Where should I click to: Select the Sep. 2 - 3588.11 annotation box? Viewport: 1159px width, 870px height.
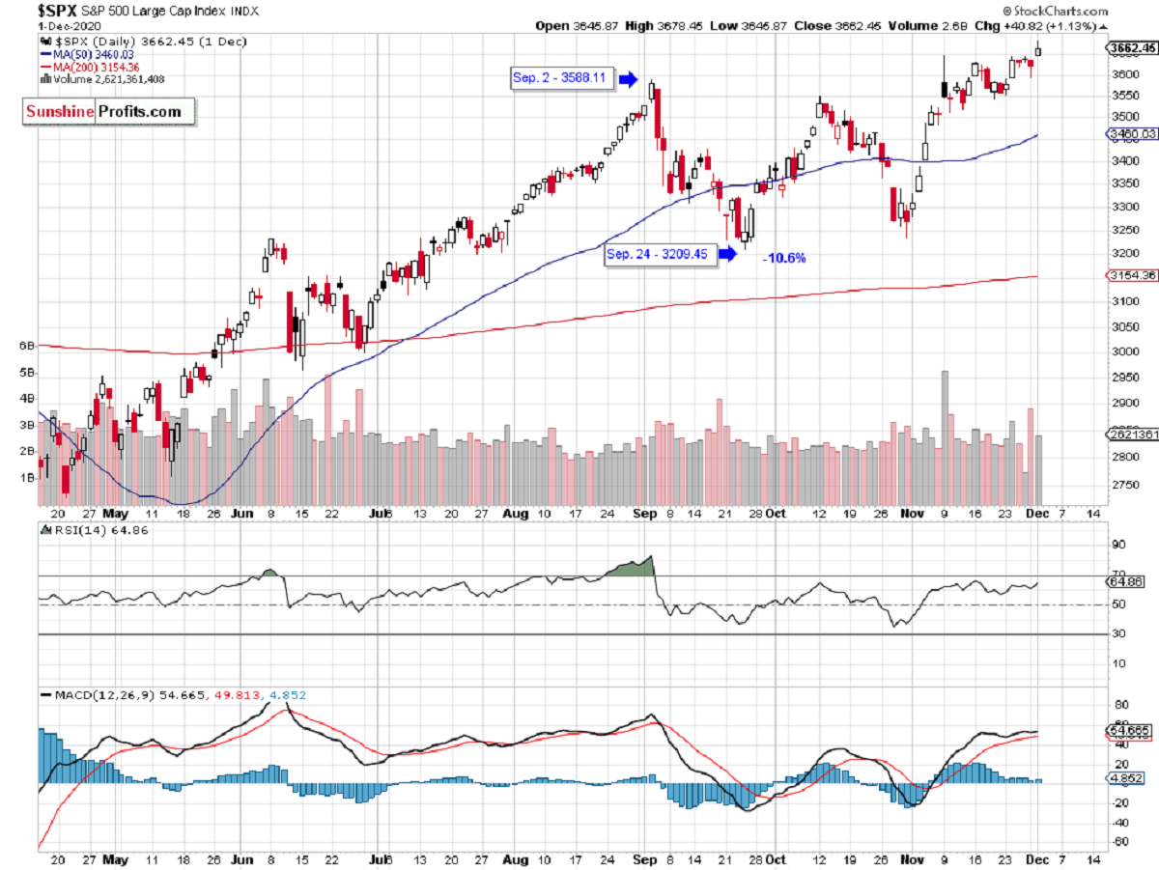[x=563, y=79]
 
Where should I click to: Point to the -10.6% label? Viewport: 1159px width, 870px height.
[x=783, y=258]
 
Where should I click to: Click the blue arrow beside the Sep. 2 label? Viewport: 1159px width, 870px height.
[x=628, y=79]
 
